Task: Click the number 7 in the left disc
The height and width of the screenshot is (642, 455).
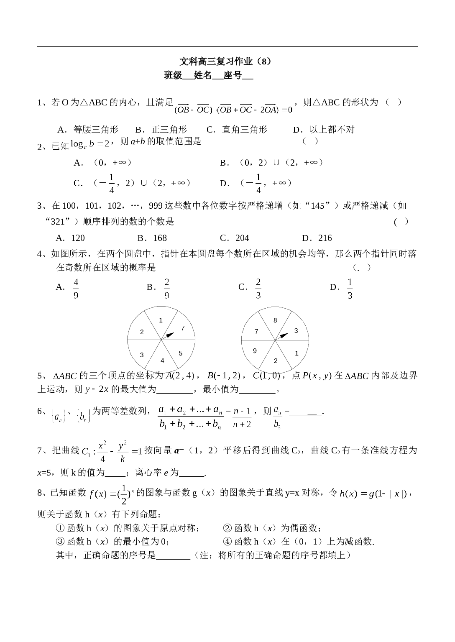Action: pos(183,328)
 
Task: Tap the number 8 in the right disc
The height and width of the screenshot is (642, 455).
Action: pos(275,320)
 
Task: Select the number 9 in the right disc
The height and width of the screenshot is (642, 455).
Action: pos(255,351)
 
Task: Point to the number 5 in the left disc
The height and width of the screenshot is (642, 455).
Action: pos(181,353)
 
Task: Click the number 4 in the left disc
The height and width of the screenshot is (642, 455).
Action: pos(162,361)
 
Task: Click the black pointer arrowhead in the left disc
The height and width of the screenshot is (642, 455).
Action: pos(170,335)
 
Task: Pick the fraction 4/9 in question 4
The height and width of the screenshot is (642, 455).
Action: pos(76,289)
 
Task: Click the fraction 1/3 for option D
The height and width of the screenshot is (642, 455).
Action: pos(350,289)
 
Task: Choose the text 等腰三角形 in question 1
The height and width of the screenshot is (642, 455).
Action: pos(96,130)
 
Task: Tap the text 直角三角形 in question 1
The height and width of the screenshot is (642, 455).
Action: pos(244,130)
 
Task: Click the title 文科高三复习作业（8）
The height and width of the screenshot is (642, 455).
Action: pos(225,61)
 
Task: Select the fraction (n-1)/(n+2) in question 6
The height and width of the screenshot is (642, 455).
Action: pos(242,417)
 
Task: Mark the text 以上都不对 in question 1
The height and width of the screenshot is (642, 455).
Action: pos(332,130)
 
